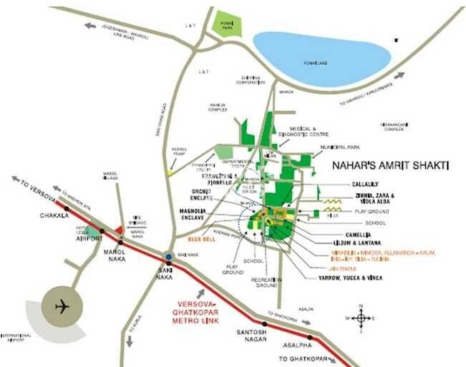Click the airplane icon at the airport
63,306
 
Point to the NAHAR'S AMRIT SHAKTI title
390,165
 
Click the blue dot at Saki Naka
168,257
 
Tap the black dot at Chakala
67,209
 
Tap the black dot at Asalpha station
310,337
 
